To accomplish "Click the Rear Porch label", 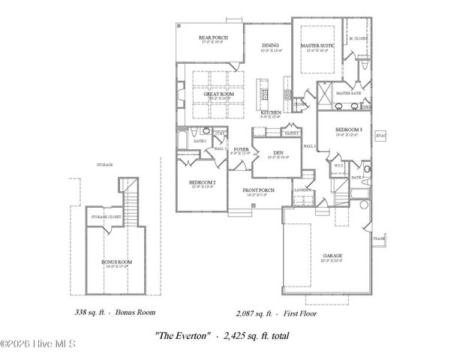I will (x=213, y=37).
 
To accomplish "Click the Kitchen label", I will (x=270, y=112).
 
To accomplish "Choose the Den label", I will (x=278, y=153).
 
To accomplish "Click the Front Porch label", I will (x=257, y=190).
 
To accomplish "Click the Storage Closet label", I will (x=107, y=217).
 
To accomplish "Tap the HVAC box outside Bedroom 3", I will (x=380, y=136).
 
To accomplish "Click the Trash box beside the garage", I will (x=378, y=238).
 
